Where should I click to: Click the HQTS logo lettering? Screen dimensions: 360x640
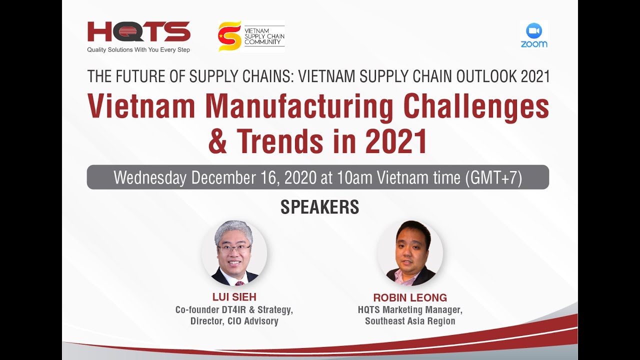point(138,31)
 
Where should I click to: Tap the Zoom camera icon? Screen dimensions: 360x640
point(534,31)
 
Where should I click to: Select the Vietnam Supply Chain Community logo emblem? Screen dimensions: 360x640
point(229,36)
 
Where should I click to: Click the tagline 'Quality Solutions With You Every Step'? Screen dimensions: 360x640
point(138,50)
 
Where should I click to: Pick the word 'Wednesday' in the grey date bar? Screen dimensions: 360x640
point(150,177)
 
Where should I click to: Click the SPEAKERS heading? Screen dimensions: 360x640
point(319,207)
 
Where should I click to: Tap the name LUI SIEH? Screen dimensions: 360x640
point(234,297)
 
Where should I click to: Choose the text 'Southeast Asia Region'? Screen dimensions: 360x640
point(410,321)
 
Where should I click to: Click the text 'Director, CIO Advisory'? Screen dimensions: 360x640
point(234,321)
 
